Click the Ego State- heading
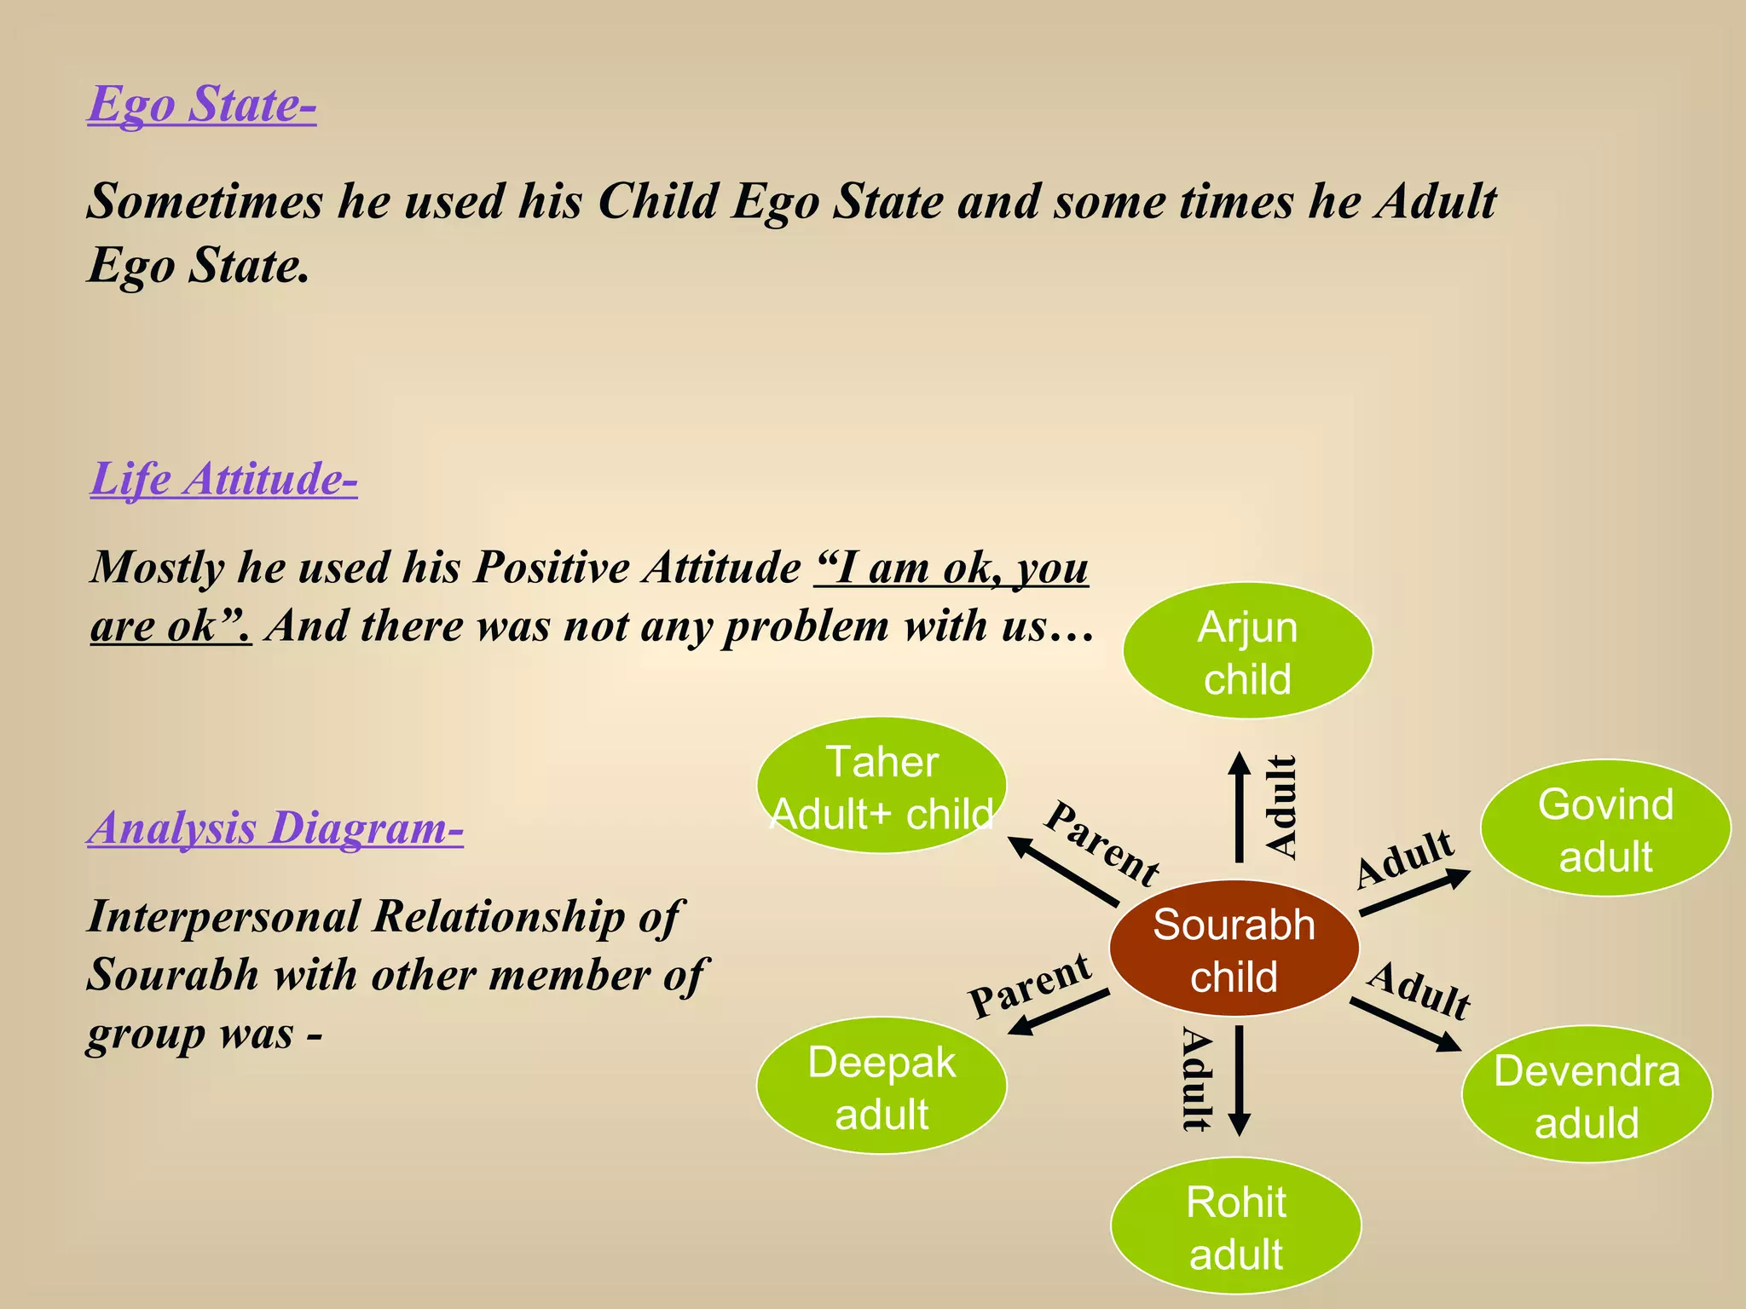tap(202, 105)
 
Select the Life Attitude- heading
tap(223, 478)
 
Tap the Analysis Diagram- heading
tap(275, 827)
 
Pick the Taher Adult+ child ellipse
tap(882, 786)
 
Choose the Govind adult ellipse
tap(1605, 828)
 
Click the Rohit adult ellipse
tap(1235, 1226)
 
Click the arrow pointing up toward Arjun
tap(1240, 807)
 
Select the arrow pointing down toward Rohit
tap(1240, 1081)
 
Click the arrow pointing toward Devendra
tap(1406, 1024)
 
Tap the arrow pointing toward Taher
tap(1062, 870)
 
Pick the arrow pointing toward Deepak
tap(1058, 1012)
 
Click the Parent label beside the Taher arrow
tap(1101, 844)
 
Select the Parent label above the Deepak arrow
tap(1030, 986)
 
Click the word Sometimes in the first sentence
tap(205, 202)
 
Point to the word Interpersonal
tap(225, 918)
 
